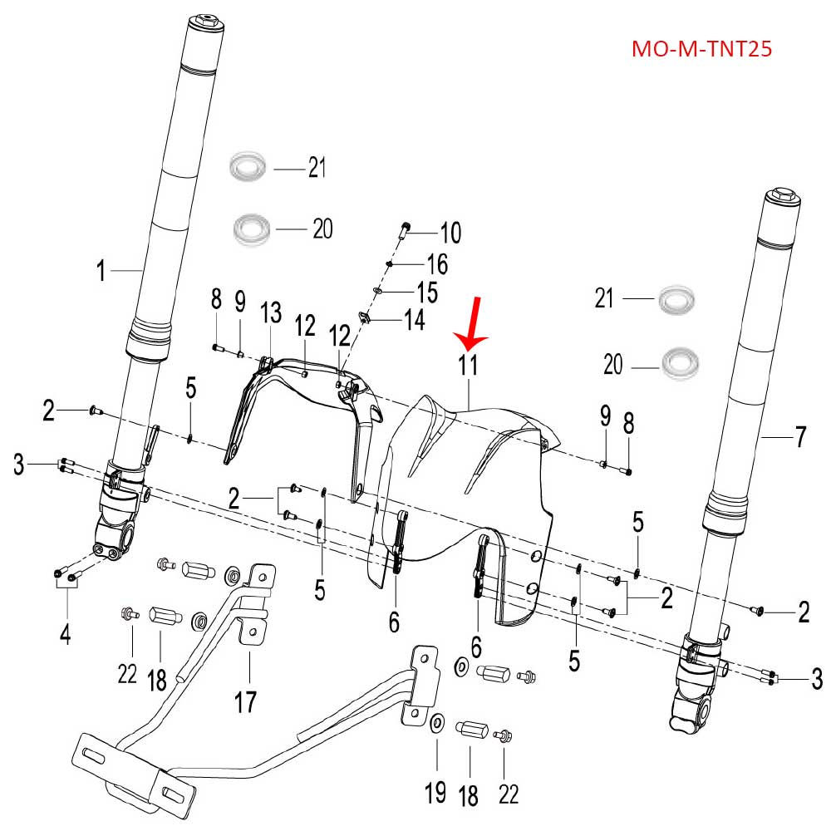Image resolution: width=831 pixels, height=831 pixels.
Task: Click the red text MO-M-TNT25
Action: (x=702, y=49)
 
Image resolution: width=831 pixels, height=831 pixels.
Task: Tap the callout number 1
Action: (x=101, y=270)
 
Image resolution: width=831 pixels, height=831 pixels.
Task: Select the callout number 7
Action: (x=800, y=437)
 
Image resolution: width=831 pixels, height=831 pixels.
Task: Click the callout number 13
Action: (x=272, y=313)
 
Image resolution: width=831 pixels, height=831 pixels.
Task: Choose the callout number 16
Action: (x=436, y=265)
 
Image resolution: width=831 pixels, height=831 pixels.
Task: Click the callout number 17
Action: (x=245, y=702)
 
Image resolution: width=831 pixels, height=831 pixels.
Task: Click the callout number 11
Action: (x=469, y=365)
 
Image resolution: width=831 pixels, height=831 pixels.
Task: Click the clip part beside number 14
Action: (x=364, y=317)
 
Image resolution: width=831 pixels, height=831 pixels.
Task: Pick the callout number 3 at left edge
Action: (x=18, y=465)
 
